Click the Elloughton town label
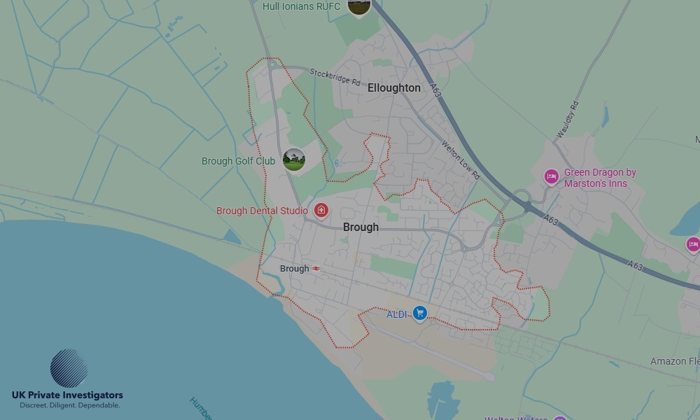point(394,88)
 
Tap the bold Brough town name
point(360,227)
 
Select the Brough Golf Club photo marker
point(294,160)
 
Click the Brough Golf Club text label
point(238,161)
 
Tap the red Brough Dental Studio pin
point(321,210)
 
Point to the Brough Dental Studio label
point(262,211)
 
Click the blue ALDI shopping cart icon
point(420,313)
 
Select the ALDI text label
point(397,314)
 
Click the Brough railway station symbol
point(317,269)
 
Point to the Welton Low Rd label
point(460,160)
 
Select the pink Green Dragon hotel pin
point(552,176)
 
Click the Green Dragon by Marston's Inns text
point(600,178)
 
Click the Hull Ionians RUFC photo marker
point(358,6)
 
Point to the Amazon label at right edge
point(675,362)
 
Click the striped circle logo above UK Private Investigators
point(69,368)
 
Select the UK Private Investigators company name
point(67,395)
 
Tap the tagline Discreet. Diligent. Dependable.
point(69,406)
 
